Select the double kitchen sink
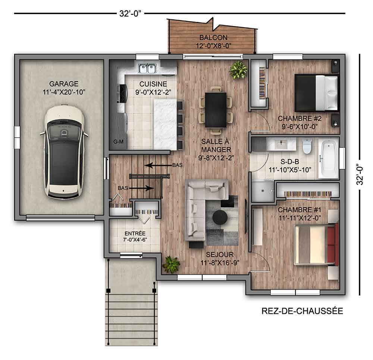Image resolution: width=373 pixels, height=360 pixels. tap(148, 68)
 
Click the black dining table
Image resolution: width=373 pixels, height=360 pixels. tap(216, 110)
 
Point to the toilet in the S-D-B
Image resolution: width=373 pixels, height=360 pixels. tap(307, 146)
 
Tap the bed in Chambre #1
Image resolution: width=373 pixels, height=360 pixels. tap(315, 244)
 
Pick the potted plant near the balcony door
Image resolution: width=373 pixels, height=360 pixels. tap(238, 70)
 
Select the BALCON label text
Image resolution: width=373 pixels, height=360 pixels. tap(213, 38)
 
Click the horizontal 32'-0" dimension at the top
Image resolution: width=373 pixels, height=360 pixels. tap(129, 14)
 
